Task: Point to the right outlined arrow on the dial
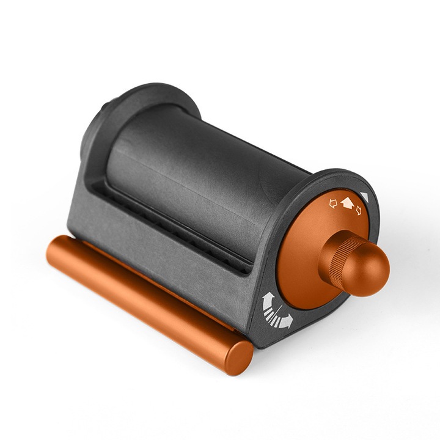pos(359,212)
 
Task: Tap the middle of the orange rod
pos(147,299)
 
